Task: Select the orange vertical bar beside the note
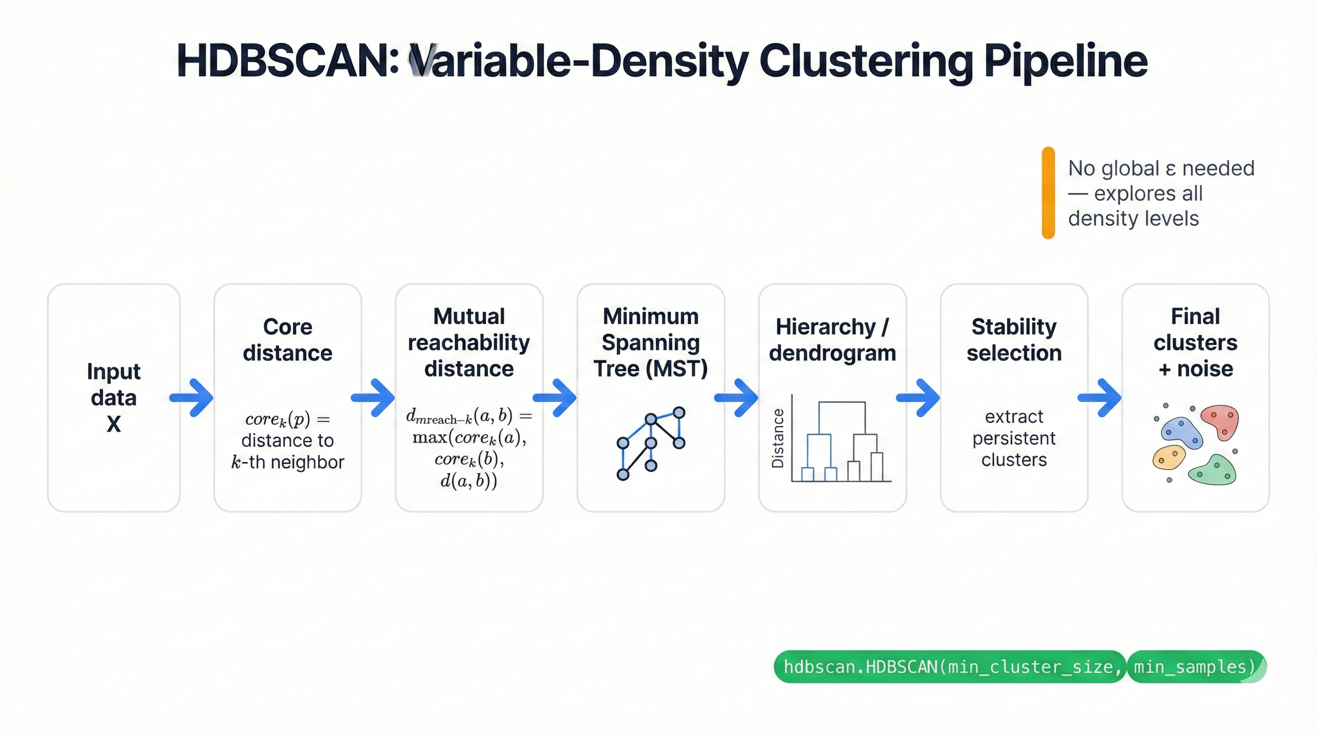[x=1048, y=193]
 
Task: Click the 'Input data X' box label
[x=113, y=398]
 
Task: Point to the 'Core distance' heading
[x=287, y=340]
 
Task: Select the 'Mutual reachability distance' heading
[x=469, y=343]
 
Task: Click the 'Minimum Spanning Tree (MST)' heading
[x=650, y=343]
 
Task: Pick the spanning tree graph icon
[x=650, y=443]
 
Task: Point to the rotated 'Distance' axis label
[x=778, y=438]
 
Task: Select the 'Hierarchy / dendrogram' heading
[x=832, y=340]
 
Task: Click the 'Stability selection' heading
[x=1014, y=340]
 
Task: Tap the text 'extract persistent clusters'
[x=1014, y=438]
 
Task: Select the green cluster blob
[x=1213, y=470]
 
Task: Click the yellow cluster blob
[x=1168, y=457]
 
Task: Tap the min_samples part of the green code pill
[x=1194, y=667]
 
